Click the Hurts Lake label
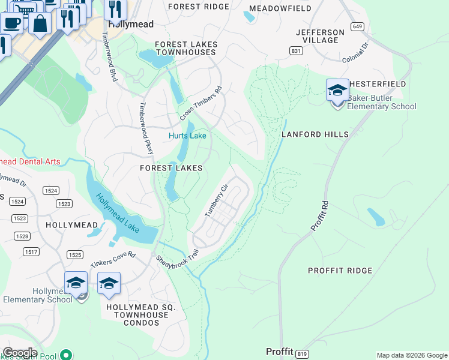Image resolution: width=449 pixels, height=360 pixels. click(x=187, y=136)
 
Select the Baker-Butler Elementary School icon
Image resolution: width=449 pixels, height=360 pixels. click(x=337, y=91)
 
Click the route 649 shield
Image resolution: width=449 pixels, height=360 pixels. click(x=358, y=26)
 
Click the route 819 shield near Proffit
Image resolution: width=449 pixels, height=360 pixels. click(x=303, y=353)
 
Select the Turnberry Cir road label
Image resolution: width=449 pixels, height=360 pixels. click(x=217, y=200)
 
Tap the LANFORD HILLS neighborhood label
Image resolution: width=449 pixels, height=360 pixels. click(x=315, y=135)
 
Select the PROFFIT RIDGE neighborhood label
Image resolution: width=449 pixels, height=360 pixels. click(x=340, y=271)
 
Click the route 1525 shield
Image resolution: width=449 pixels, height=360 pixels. click(x=75, y=255)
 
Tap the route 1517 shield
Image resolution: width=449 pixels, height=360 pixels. click(x=31, y=251)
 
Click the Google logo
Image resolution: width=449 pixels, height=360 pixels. click(x=20, y=353)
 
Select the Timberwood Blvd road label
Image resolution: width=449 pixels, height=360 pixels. click(x=110, y=57)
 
